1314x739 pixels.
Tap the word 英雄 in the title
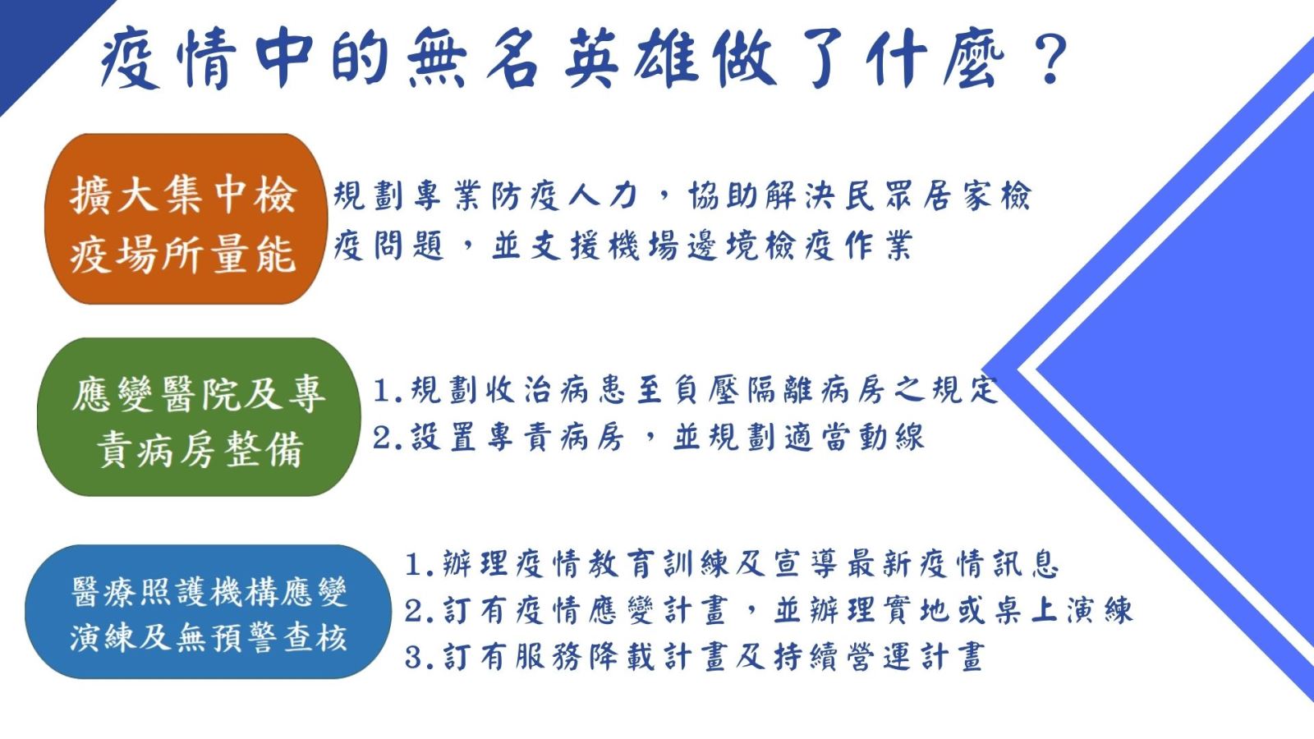tap(632, 59)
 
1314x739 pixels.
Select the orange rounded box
tap(186, 218)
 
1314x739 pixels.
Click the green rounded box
tap(199, 417)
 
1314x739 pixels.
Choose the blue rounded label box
tap(208, 612)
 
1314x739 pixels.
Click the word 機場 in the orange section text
tap(643, 246)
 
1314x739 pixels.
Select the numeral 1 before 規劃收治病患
tap(383, 391)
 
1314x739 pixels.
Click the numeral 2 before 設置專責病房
tap(383, 438)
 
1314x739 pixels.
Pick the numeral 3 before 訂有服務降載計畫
tap(414, 658)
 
